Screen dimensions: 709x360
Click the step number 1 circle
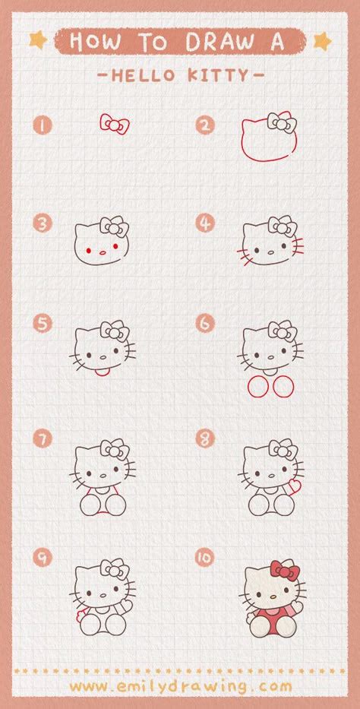pos(43,124)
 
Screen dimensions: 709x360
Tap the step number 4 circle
pos(205,223)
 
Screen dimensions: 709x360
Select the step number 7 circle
pos(43,438)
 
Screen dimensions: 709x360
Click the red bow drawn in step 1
pos(114,124)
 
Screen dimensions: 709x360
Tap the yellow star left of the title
pos(37,39)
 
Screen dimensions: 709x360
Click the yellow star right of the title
pos(322,39)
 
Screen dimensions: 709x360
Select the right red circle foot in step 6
pos(283,387)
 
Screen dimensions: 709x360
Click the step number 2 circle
pos(205,124)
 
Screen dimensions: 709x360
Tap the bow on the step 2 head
pos(282,122)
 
